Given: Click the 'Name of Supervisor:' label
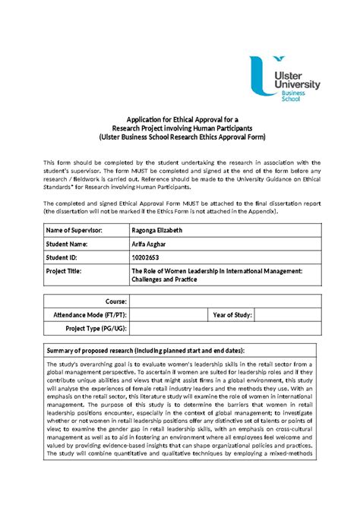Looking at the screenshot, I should [73, 229].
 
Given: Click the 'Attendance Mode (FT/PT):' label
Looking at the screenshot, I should [90, 314].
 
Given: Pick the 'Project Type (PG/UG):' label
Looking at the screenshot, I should [95, 328].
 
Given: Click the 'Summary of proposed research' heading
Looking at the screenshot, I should [156, 352].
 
